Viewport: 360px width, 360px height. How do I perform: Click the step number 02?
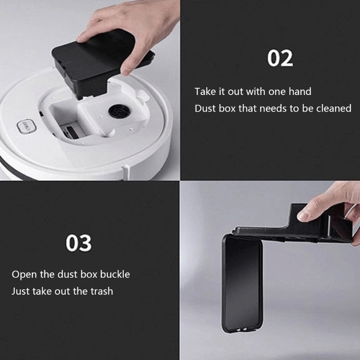point(280,58)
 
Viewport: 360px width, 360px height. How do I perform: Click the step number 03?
point(78,243)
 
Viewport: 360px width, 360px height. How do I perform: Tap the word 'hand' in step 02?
point(300,91)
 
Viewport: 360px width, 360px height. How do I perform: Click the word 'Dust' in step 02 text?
point(204,108)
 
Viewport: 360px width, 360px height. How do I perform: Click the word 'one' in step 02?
point(278,91)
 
